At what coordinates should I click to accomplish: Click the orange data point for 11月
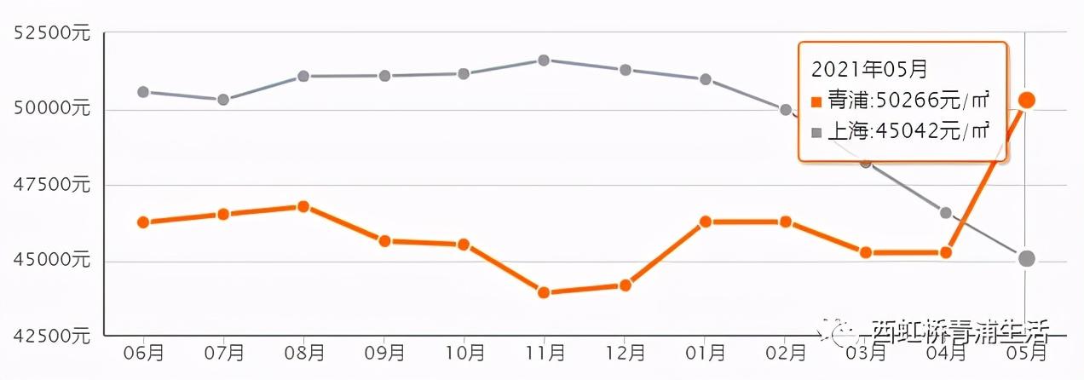544,292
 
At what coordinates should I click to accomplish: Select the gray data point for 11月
544,60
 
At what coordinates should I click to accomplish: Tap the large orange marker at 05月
1027,101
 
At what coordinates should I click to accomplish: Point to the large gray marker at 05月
1027,258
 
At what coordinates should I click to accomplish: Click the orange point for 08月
303,206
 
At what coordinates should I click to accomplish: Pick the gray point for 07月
223,100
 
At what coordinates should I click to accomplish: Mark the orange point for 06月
143,222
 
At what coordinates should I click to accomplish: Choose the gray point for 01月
706,79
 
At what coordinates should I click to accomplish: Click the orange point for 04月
946,252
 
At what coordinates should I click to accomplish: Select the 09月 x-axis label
384,352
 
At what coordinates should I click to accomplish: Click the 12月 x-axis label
626,352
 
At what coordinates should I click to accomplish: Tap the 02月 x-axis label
786,352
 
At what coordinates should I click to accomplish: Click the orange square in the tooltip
816,102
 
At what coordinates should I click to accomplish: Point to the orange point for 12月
625,285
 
